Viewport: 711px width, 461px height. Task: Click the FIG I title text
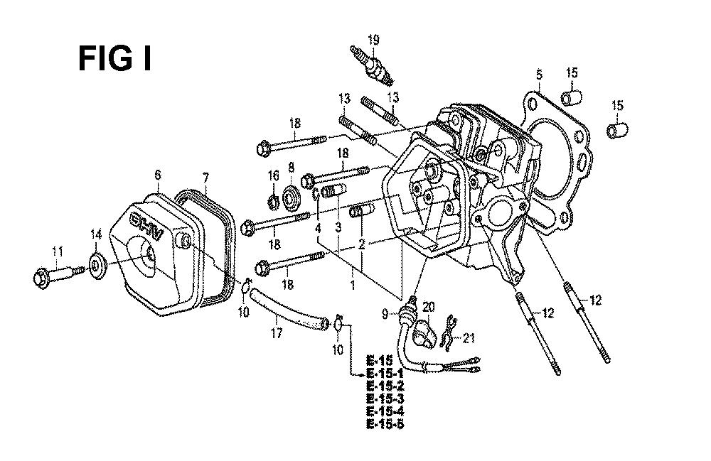pyautogui.click(x=114, y=59)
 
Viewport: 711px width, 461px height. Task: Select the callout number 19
pyautogui.click(x=373, y=40)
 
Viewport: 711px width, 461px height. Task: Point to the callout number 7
pyautogui.click(x=206, y=177)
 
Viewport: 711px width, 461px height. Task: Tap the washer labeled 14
pyautogui.click(x=96, y=266)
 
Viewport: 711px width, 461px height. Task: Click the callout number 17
pyautogui.click(x=277, y=333)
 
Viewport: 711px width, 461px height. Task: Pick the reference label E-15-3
pyautogui.click(x=385, y=398)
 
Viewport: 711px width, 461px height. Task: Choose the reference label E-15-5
pyautogui.click(x=385, y=424)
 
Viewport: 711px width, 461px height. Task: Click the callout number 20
pyautogui.click(x=428, y=308)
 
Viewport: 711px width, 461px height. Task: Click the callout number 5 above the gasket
pyautogui.click(x=539, y=75)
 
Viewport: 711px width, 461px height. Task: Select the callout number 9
pyautogui.click(x=385, y=313)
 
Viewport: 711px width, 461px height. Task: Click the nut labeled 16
pyautogui.click(x=273, y=202)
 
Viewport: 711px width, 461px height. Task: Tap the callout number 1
pyautogui.click(x=353, y=286)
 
